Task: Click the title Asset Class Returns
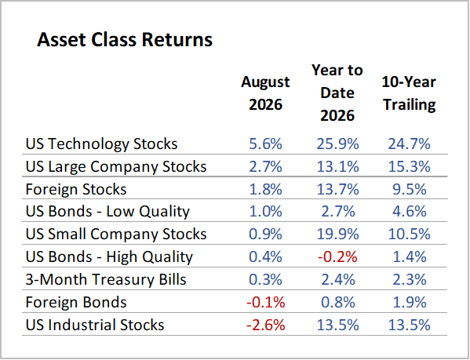click(x=125, y=39)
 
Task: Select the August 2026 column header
click(x=265, y=93)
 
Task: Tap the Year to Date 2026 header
click(x=337, y=93)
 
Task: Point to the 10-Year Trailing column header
click(x=409, y=93)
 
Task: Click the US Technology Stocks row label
click(x=102, y=144)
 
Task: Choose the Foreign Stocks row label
click(x=76, y=189)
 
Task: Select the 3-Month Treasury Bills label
click(x=106, y=279)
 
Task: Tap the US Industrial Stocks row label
click(x=95, y=325)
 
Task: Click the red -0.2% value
click(x=337, y=257)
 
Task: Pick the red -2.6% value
click(x=265, y=325)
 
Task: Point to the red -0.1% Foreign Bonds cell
click(x=265, y=302)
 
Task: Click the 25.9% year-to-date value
click(x=337, y=144)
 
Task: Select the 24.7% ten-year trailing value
click(x=409, y=144)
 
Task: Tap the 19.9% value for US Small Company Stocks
click(x=337, y=235)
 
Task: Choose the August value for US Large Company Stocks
click(x=265, y=166)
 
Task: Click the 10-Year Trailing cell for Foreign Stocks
click(x=410, y=189)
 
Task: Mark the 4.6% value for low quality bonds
click(x=410, y=212)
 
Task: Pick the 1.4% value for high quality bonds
click(x=410, y=257)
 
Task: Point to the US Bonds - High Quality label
click(x=109, y=257)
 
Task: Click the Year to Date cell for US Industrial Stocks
click(x=337, y=325)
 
